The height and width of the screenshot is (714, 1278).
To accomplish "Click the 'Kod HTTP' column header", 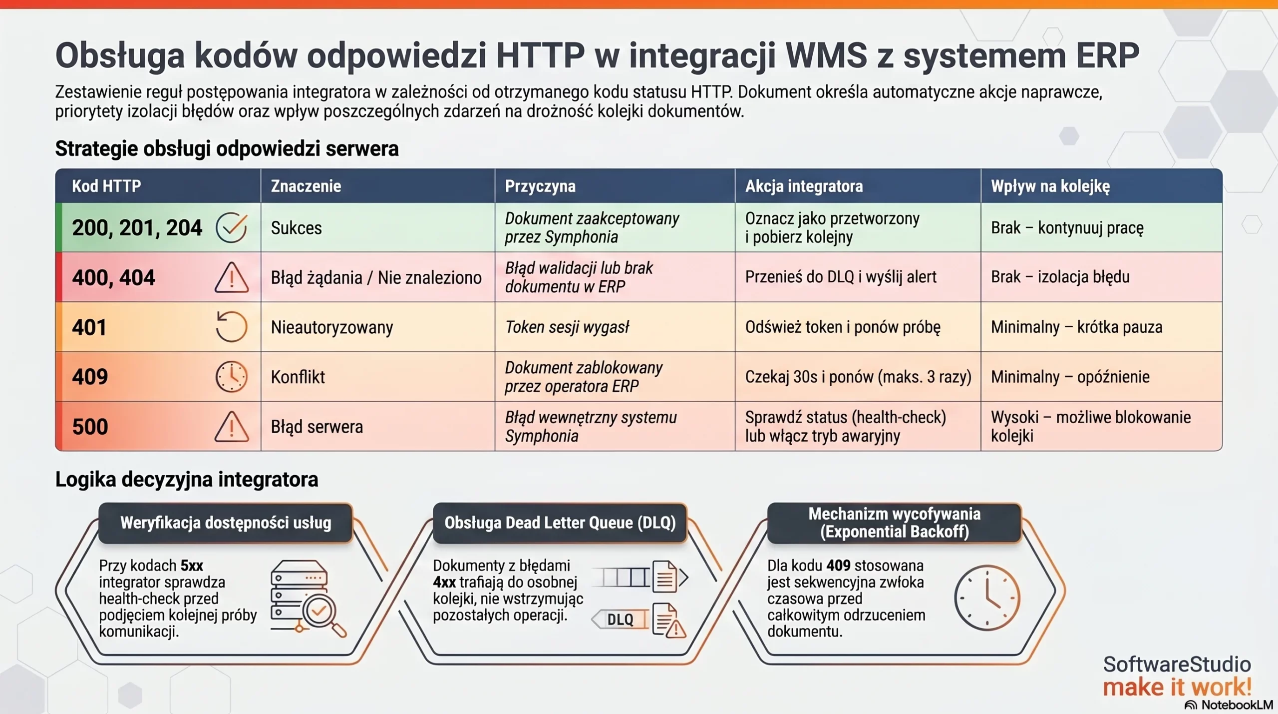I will pos(106,186).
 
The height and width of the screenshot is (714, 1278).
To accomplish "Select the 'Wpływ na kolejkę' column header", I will pos(1050,186).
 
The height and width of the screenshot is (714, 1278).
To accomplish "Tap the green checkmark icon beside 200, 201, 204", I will pos(231,227).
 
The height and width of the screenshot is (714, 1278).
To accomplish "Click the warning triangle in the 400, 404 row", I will pos(231,278).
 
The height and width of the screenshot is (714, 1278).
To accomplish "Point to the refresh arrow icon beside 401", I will pos(231,327).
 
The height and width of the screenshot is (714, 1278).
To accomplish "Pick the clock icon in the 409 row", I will pos(231,376).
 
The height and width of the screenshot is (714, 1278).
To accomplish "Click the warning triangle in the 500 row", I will pos(231,427).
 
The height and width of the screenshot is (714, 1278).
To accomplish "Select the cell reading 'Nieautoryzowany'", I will pos(332,327).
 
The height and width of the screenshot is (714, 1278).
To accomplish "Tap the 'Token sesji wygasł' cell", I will pos(567,327).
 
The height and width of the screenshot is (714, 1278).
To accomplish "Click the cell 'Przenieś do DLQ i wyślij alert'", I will pos(841,277).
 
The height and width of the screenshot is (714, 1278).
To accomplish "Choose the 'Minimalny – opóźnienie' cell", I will pos(1070,377).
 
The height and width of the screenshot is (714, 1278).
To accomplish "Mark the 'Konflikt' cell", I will pos(298,377).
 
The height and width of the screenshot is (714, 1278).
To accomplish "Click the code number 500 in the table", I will pos(90,427).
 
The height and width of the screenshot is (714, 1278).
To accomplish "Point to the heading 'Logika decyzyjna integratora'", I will pos(187,479).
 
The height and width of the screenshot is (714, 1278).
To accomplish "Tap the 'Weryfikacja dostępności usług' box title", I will pos(226,523).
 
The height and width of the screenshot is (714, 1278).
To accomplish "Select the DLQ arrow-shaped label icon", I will pos(620,620).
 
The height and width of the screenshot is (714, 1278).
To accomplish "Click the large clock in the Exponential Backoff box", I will pos(986,598).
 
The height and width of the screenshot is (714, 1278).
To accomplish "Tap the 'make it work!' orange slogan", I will pos(1177,687).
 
